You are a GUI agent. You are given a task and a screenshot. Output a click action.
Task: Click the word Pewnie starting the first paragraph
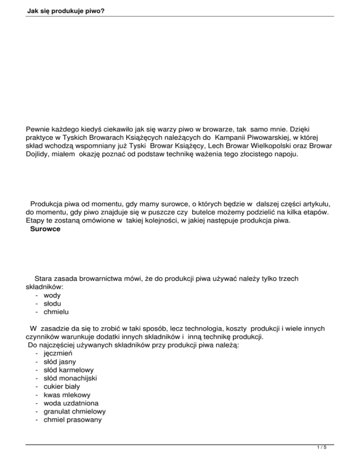click(x=39, y=127)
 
